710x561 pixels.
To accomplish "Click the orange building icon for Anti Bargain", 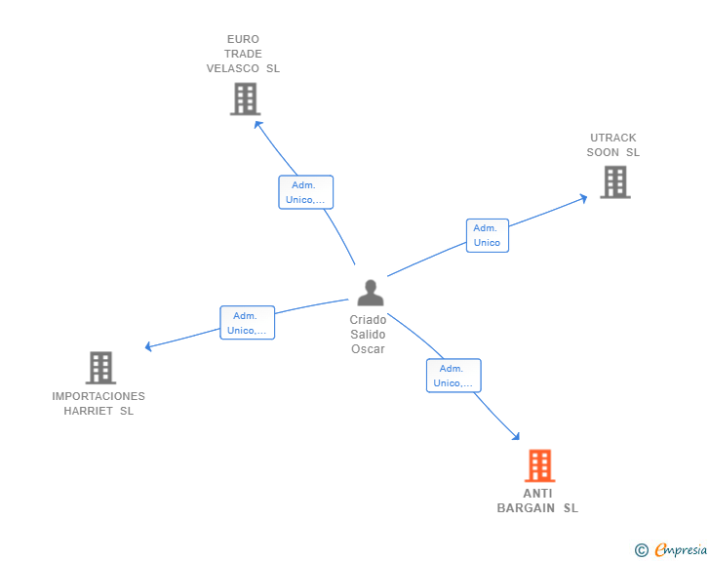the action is [539, 465].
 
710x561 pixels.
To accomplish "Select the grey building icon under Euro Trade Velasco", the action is [246, 99].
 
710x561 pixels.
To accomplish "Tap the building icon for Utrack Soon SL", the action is [615, 182].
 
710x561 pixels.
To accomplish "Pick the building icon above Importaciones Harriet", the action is [101, 368].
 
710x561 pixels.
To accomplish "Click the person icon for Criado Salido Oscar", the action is [371, 293].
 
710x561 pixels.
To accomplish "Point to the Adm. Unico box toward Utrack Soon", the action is [488, 236].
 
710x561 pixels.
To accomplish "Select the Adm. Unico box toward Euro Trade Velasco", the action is [305, 192].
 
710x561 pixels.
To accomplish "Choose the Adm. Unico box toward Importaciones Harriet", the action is [248, 323].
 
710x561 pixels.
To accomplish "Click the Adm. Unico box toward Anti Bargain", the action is [454, 376].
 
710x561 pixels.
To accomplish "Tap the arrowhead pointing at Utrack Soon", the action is [584, 198].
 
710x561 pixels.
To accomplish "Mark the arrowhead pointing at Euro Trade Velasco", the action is [257, 124].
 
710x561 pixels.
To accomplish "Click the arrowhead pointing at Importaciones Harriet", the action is [147, 346].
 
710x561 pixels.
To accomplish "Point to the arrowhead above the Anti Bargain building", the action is [516, 436].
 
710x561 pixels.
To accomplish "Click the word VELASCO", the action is [233, 68].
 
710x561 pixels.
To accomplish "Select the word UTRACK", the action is [613, 138].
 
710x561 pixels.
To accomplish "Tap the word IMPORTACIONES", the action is [99, 396].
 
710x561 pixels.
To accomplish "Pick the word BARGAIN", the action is [526, 508].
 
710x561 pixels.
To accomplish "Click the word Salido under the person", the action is [368, 335].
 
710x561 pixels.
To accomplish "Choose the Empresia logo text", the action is [681, 549].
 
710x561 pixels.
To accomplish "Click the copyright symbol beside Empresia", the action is [641, 550].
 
